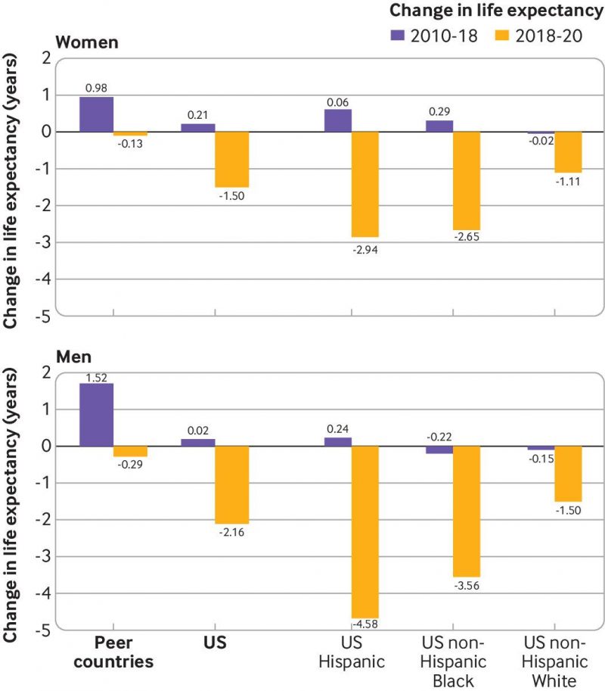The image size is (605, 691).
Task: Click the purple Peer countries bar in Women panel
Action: coord(96,114)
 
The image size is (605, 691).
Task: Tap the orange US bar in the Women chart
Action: coord(231,159)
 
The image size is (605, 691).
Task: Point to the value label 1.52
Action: coord(96,376)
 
